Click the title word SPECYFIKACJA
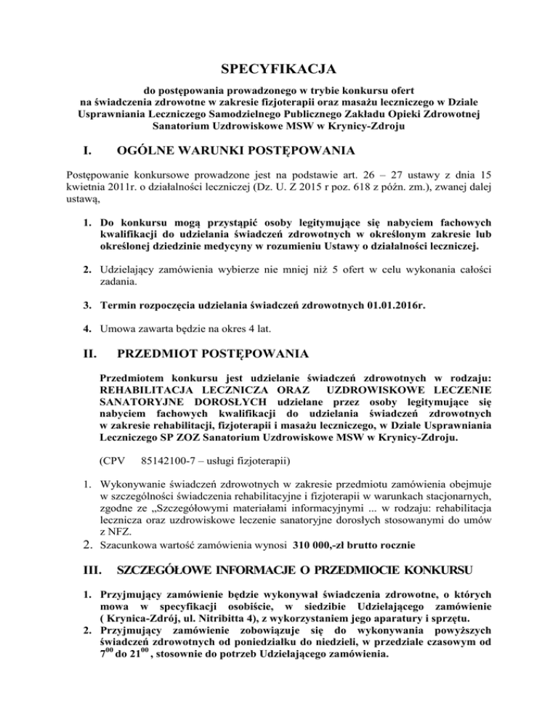click(279, 70)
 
